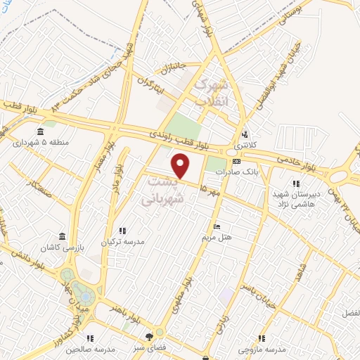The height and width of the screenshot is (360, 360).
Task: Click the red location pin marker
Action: pyautogui.click(x=181, y=166)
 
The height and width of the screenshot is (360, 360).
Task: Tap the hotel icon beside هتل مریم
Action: pyautogui.click(x=217, y=226)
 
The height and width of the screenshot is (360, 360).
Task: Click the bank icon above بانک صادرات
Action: pyautogui.click(x=236, y=161)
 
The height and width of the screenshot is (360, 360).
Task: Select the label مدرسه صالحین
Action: pyautogui.click(x=89, y=349)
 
